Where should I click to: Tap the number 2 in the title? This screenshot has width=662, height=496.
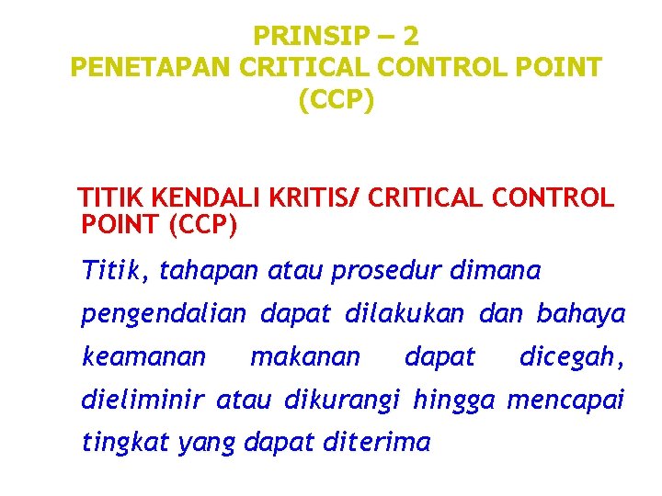[410, 37]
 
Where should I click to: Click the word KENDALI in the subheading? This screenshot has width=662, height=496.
[210, 198]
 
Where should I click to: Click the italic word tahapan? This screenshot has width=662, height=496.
[210, 272]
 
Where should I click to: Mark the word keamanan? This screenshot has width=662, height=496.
[144, 356]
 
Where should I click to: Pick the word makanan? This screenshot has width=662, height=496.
[306, 356]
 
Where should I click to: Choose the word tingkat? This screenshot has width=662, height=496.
[126, 443]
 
